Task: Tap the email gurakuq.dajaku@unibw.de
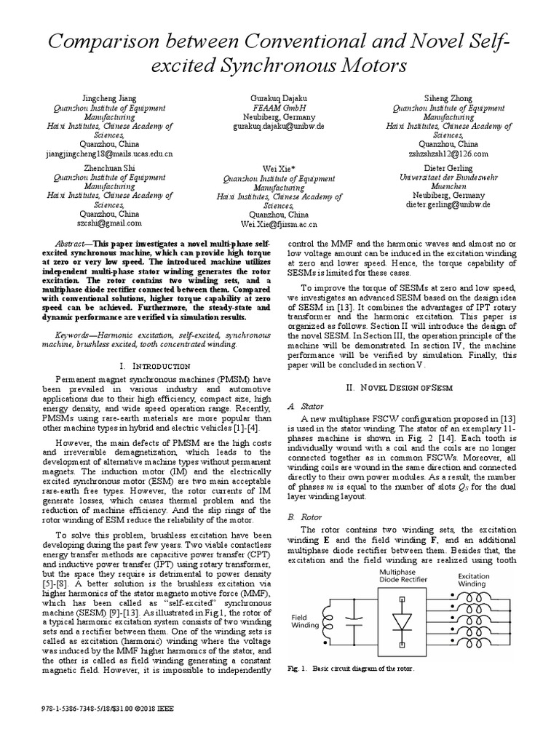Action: point(279,125)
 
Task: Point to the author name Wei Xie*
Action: point(279,168)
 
